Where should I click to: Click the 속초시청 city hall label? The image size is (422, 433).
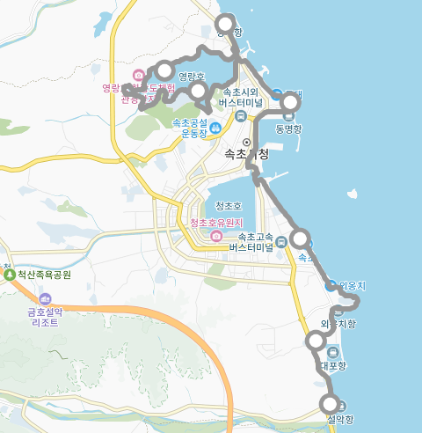click(x=248, y=154)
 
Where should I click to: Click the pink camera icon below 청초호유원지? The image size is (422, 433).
click(x=216, y=237)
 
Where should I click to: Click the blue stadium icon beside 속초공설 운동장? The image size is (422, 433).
click(x=215, y=131)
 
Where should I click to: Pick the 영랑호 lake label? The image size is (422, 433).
click(x=191, y=77)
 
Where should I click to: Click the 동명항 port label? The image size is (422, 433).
click(x=288, y=128)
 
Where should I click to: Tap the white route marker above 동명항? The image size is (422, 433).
click(x=289, y=105)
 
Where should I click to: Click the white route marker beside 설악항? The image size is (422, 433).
click(x=331, y=404)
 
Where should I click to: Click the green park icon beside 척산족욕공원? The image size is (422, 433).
click(x=10, y=275)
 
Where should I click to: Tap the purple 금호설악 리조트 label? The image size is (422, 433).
click(x=42, y=317)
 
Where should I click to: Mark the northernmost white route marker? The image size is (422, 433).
click(x=226, y=24)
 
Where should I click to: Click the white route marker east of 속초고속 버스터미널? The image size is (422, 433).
click(x=300, y=238)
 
